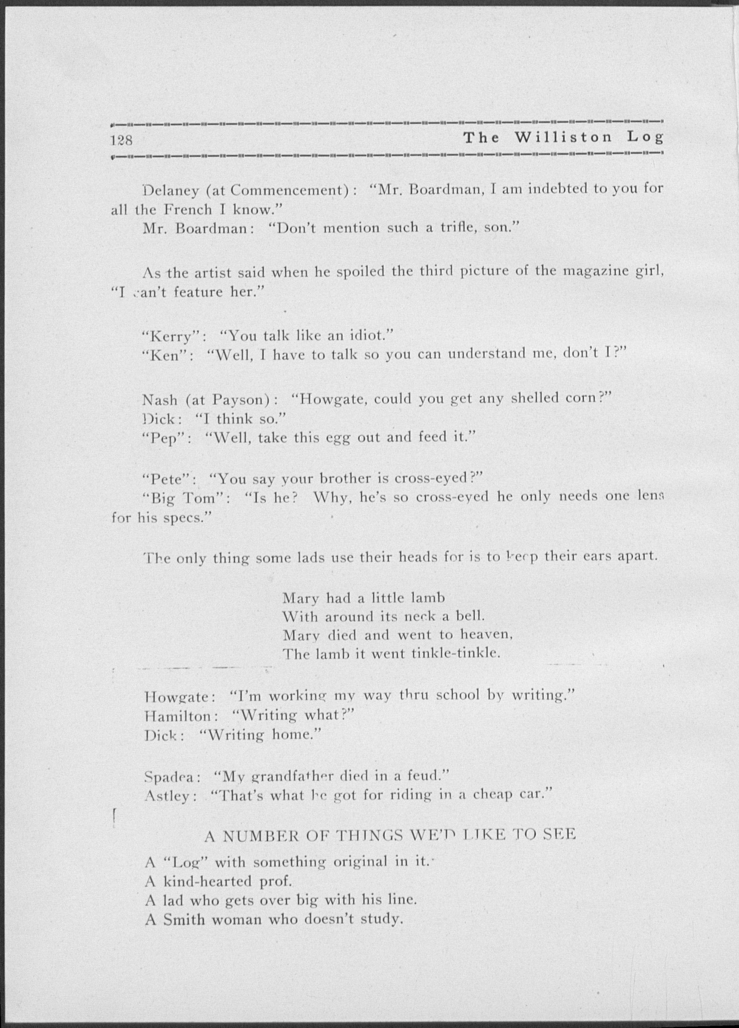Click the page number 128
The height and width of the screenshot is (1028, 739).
click(x=121, y=140)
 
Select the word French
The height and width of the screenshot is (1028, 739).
click(x=188, y=210)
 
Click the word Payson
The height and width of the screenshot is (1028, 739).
click(x=242, y=400)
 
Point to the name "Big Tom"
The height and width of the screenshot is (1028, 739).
click(x=187, y=498)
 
